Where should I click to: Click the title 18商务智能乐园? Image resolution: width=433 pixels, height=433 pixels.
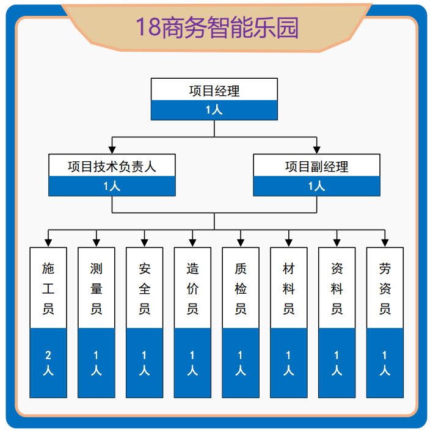pyautogui.click(x=217, y=28)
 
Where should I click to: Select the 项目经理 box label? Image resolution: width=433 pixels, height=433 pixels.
pyautogui.click(x=214, y=91)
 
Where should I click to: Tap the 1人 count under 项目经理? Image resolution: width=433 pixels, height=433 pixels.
pyautogui.click(x=214, y=110)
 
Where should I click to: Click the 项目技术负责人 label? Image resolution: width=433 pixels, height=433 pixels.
pyautogui.click(x=112, y=166)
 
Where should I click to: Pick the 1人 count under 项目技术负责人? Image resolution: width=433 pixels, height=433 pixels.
pyautogui.click(x=112, y=186)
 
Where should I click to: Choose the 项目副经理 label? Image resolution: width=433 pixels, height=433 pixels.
pyautogui.click(x=316, y=166)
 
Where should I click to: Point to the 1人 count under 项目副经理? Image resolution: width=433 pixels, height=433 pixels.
pyautogui.click(x=316, y=186)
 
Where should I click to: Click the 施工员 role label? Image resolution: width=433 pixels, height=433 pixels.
pyautogui.click(x=48, y=288)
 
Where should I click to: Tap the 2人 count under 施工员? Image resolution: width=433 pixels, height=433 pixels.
pyautogui.click(x=48, y=363)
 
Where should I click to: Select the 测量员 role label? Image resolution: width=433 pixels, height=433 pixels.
pyautogui.click(x=96, y=288)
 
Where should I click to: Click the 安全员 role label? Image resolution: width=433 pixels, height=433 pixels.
pyautogui.click(x=145, y=288)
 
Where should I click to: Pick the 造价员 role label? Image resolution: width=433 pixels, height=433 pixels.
pyautogui.click(x=192, y=288)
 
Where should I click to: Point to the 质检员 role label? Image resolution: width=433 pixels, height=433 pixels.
pyautogui.click(x=241, y=288)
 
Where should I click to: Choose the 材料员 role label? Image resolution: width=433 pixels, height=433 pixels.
pyautogui.click(x=289, y=288)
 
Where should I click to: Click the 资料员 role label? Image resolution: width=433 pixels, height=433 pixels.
pyautogui.click(x=337, y=288)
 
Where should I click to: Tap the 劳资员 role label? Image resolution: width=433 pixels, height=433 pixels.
pyautogui.click(x=385, y=288)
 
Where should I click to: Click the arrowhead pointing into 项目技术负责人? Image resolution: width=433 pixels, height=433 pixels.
pyautogui.click(x=112, y=149)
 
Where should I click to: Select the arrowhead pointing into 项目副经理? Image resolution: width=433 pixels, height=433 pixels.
pyautogui.click(x=316, y=149)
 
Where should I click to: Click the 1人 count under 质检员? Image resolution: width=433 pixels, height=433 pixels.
pyautogui.click(x=241, y=363)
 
